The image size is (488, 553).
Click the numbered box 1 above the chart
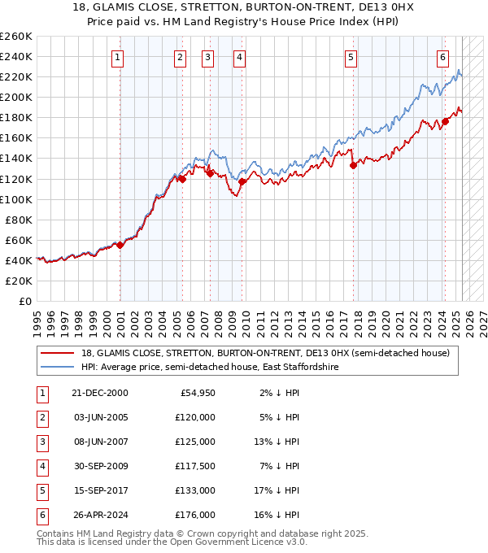119,57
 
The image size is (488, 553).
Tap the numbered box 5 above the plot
351,57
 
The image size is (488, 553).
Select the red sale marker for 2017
353,165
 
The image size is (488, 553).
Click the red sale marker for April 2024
446,122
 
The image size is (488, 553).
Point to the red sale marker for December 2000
120,245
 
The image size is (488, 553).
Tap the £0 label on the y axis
24,301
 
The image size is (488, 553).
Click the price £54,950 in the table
196,394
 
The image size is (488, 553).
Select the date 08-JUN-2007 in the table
100,442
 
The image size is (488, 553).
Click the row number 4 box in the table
41,467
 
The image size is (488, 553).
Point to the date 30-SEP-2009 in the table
100,467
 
